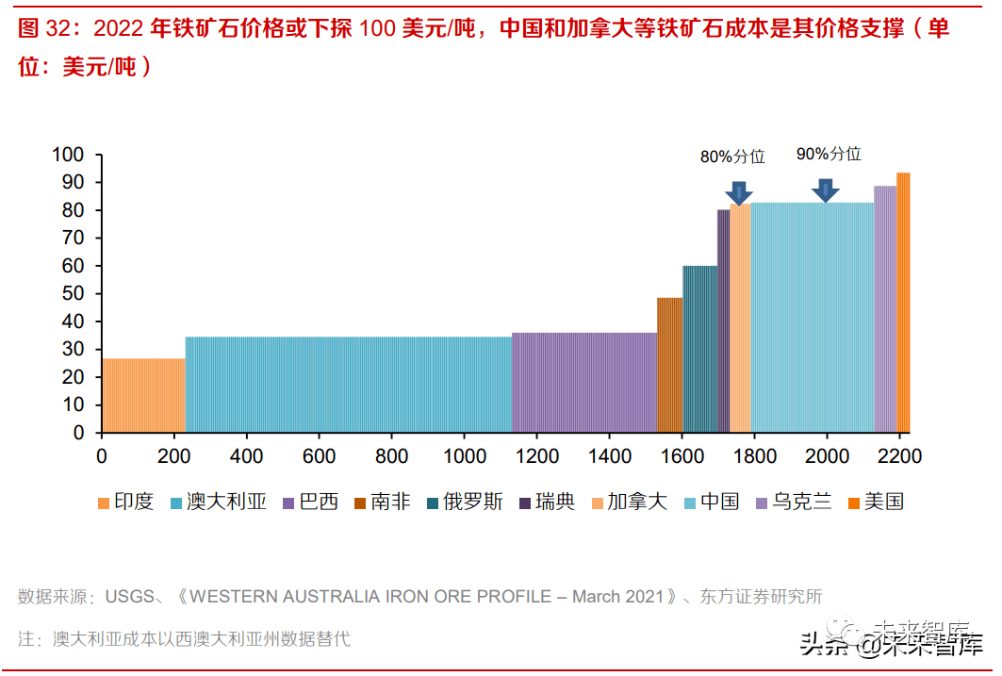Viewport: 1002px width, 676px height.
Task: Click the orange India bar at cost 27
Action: tap(143, 395)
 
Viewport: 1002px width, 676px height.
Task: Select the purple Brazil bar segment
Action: tap(584, 382)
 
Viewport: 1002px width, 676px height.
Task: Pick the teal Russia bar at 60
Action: tap(699, 349)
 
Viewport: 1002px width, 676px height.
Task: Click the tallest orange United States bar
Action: tap(903, 302)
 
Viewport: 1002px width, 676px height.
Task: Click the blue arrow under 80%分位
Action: tap(739, 192)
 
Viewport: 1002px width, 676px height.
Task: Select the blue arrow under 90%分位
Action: tap(826, 190)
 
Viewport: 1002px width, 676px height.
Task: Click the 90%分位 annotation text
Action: tap(829, 154)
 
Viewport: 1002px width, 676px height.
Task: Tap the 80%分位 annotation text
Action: tap(732, 157)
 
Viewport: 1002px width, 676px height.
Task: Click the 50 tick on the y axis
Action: tap(74, 293)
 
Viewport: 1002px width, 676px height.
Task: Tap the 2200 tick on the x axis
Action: tap(899, 456)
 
